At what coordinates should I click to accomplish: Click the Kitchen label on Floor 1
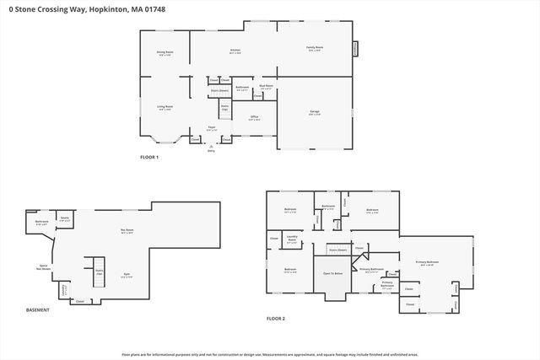point(235,51)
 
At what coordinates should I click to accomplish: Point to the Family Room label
point(315,49)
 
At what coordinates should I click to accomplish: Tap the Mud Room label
point(265,87)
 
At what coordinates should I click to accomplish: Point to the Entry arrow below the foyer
point(211,147)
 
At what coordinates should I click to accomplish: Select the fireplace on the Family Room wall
point(354,49)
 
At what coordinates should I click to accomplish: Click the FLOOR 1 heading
point(149,158)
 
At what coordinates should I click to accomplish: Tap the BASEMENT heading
point(37,310)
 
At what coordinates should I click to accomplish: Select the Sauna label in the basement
point(64,218)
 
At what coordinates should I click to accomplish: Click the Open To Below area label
point(332,273)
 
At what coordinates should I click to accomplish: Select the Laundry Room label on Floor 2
point(293,239)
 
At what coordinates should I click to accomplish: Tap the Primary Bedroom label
point(427,262)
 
